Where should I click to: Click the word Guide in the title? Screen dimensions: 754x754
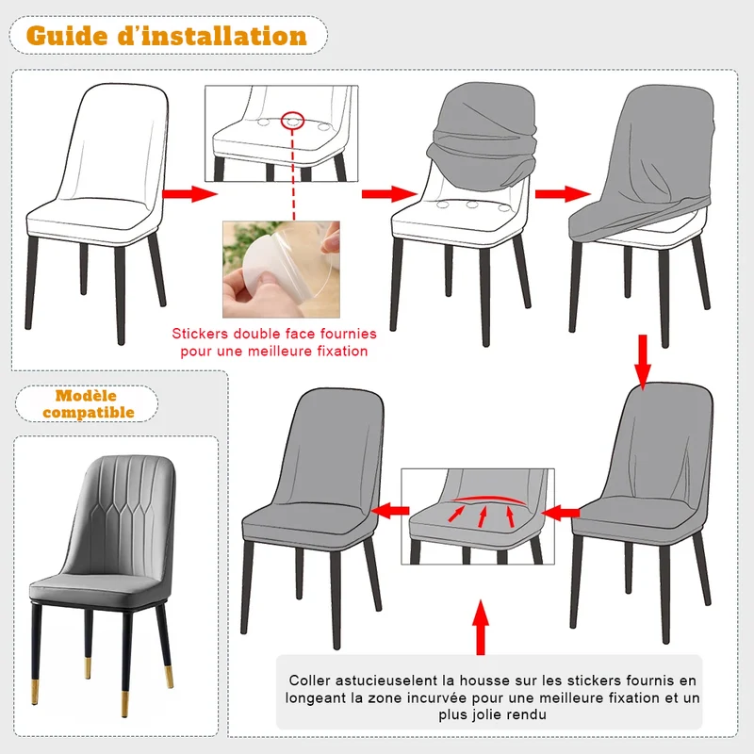pos(67,36)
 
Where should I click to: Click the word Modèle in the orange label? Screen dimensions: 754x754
pos(86,396)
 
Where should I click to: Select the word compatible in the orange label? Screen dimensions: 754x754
pos(89,413)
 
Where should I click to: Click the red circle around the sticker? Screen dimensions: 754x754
pos(292,121)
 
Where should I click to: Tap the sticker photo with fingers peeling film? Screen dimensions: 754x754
pos(281,270)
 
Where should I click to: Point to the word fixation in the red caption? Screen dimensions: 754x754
pos(342,351)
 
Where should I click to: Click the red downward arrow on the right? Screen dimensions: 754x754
pos(643,362)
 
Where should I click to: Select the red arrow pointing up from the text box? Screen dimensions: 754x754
pos(481,627)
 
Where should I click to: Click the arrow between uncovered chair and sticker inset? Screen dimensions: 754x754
pos(190,194)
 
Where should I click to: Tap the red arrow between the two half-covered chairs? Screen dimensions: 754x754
pos(563,194)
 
